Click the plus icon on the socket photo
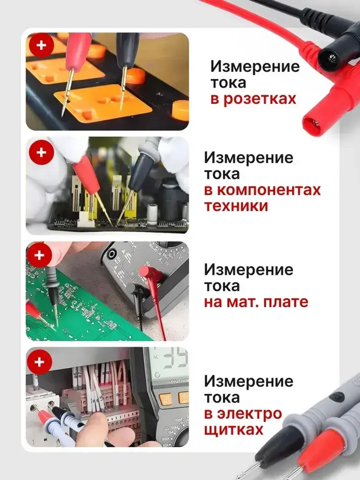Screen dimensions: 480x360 (x=42, y=45)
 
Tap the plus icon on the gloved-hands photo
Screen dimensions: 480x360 (x=42, y=152)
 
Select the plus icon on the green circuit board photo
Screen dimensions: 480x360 (x=39, y=255)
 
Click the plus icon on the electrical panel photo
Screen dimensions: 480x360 (x=39, y=362)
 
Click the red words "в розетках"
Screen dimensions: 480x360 (x=253, y=99)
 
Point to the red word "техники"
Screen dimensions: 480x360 (x=236, y=206)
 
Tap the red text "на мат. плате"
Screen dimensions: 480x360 (x=256, y=302)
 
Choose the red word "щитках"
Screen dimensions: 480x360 (x=234, y=430)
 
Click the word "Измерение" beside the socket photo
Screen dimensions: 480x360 (x=255, y=66)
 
